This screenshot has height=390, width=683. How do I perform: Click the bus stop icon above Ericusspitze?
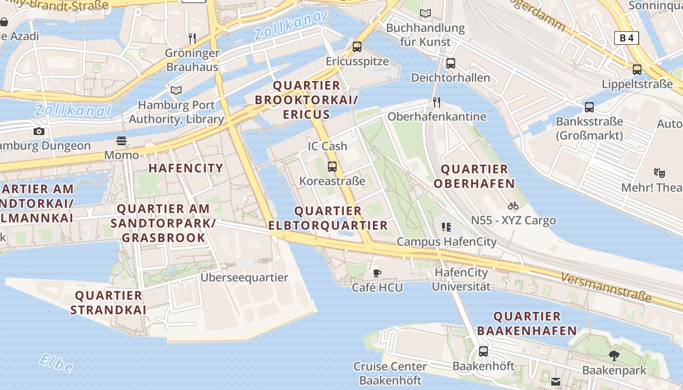pos(357,47)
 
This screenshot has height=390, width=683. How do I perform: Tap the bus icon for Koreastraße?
pos(332,166)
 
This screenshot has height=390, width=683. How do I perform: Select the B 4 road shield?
pos(626,38)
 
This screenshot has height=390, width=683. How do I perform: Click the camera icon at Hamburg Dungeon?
pos(39,131)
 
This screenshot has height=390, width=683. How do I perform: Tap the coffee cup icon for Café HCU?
pos(377,273)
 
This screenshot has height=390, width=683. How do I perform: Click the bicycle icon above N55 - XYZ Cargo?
pos(513,206)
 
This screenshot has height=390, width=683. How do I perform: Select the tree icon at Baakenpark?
pos(614,356)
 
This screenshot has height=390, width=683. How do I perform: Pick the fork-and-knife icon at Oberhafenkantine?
pos(437,102)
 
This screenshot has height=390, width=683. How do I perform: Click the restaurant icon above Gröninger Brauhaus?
pos(192,38)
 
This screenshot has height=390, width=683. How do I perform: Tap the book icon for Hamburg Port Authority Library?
pos(176,90)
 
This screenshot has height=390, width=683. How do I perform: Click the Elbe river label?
pos(56,363)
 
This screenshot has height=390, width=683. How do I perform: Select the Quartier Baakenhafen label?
pos(527,323)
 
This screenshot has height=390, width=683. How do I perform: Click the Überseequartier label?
pos(244,277)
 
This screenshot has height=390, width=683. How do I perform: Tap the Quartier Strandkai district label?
pos(108,302)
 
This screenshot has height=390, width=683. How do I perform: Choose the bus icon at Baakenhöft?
pos(483,351)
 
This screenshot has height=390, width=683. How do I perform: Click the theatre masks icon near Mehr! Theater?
pos(660,173)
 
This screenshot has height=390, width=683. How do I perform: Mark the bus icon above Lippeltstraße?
pos(637,69)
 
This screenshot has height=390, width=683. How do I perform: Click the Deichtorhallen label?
pos(450,78)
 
